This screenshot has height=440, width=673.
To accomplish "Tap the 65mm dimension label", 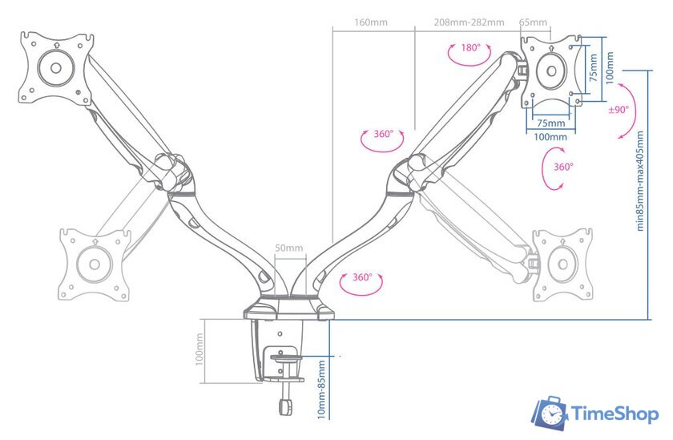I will tap(533, 22).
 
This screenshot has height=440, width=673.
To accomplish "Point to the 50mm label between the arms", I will tap(288, 248).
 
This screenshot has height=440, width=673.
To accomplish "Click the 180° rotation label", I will tap(471, 48).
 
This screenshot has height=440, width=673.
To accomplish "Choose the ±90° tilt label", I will tap(619, 110).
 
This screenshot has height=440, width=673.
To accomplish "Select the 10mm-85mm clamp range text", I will tap(321, 390).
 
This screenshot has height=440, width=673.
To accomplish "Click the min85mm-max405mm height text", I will tap(640, 181).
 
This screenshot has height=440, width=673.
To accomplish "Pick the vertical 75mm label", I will tap(594, 68).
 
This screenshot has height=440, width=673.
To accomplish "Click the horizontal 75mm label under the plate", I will tap(550, 123).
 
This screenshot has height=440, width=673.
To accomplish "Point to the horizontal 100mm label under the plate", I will tap(550, 137).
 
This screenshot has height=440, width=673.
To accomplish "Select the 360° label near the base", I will tap(362, 277).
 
